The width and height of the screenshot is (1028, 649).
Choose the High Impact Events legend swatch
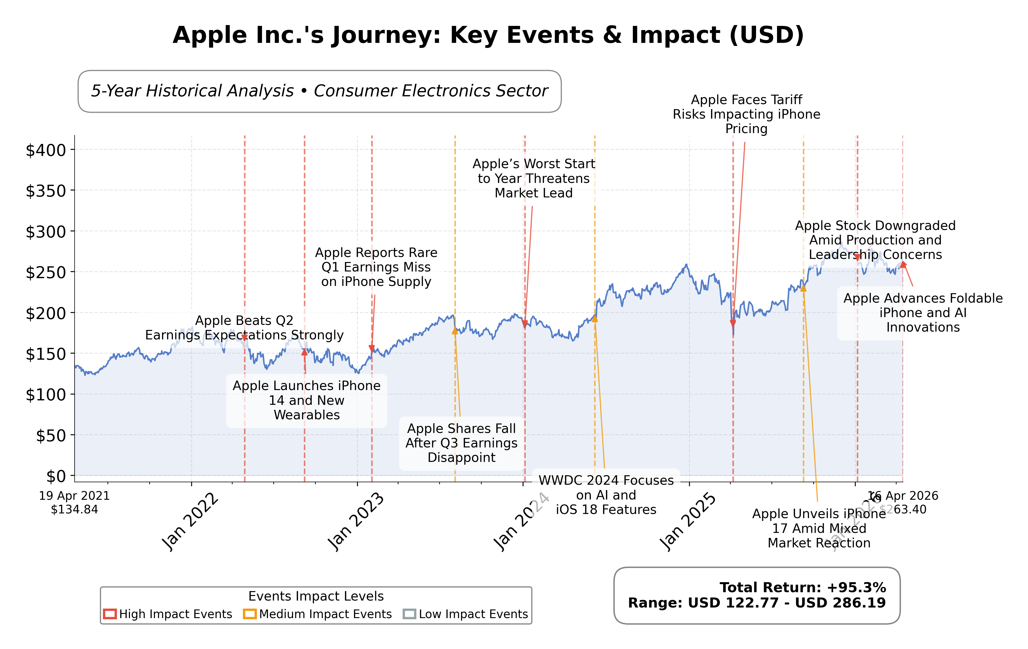(x=110, y=614)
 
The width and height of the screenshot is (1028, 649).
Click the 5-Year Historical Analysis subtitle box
(x=319, y=91)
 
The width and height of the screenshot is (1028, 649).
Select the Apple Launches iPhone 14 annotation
(x=306, y=400)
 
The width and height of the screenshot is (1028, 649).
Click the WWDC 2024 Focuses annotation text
(x=606, y=495)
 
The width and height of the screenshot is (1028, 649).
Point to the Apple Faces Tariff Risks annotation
(x=746, y=114)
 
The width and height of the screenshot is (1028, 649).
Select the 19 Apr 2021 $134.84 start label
(x=74, y=503)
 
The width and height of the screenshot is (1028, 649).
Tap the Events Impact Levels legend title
(x=316, y=596)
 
